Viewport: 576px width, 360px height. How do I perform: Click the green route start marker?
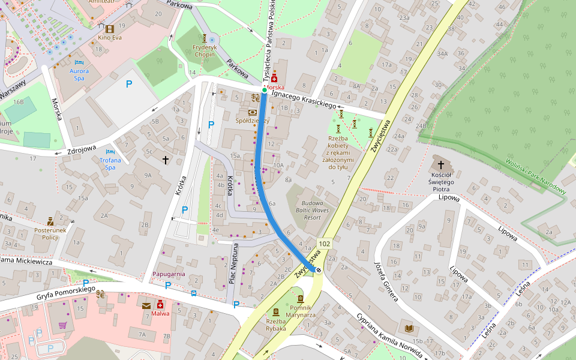[264, 90]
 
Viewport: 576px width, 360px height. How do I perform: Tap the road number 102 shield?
[325, 244]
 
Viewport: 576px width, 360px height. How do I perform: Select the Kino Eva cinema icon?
[110, 29]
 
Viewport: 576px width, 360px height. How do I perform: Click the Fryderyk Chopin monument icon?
[204, 38]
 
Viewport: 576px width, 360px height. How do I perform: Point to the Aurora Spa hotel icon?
[79, 62]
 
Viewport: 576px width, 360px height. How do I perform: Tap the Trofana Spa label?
[110, 160]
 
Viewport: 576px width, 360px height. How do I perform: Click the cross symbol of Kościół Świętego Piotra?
[441, 164]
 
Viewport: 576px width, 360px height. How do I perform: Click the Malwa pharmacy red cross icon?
[160, 305]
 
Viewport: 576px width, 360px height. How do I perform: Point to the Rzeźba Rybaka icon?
[275, 311]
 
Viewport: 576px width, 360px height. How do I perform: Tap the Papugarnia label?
[169, 274]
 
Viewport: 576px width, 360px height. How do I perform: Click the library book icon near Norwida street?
[410, 328]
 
